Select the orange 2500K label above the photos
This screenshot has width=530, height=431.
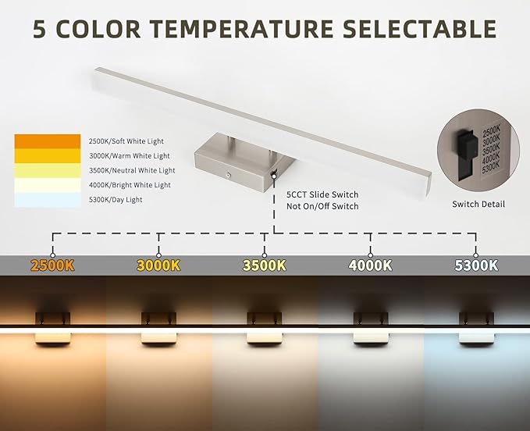[52, 265]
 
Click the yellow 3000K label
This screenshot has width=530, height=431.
[158, 265]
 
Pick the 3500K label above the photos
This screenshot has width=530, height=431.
[265, 265]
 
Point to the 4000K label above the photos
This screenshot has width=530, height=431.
[371, 265]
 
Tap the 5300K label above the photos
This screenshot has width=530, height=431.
[476, 265]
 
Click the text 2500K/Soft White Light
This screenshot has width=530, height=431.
[130, 141]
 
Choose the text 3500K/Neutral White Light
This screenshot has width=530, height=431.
[132, 170]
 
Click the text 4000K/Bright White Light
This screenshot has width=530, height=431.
[130, 185]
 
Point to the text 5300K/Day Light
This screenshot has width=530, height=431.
[116, 200]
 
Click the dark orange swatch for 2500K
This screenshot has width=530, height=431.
[47, 141]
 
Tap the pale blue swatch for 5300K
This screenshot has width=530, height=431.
[47, 200]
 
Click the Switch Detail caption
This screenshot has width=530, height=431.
[478, 205]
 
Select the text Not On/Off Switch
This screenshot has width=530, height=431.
[322, 206]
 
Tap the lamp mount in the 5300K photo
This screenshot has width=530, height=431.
[476, 320]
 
